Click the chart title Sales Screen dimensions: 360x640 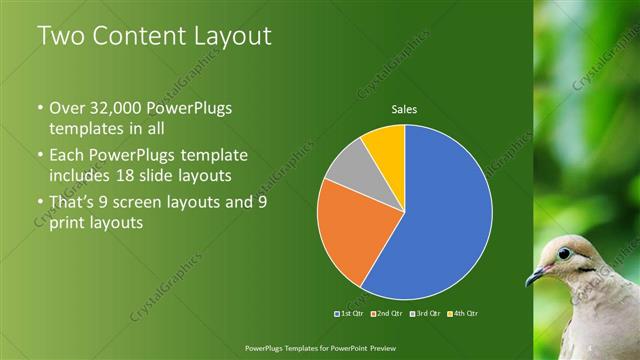[x=404, y=109]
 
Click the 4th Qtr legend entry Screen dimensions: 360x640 [x=466, y=314]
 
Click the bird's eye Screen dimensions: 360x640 [x=565, y=253]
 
